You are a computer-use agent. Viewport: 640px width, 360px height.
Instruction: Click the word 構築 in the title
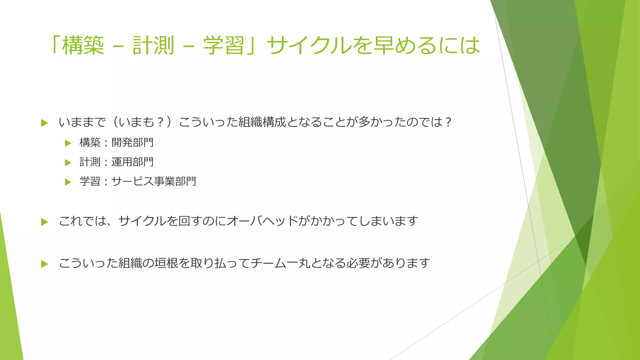pos(83,46)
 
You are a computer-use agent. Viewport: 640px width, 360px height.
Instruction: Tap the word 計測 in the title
pos(153,46)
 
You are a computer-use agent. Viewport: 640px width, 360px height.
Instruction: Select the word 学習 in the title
pos(223,46)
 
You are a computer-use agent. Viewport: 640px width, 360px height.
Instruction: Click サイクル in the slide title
pos(309,46)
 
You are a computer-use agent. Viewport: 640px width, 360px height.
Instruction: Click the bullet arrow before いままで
pos(44,123)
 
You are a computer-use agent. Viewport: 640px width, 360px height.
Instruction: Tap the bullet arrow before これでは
pos(44,222)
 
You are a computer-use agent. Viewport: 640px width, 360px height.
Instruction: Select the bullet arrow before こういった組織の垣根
pos(44,264)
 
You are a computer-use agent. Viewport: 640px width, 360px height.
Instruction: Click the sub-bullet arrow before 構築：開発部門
pos(68,143)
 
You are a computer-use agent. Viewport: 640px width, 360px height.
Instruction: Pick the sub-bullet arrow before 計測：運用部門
pos(68,162)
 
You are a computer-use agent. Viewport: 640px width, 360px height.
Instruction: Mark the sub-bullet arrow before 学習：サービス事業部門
pos(68,182)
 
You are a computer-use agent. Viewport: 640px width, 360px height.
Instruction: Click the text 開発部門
pos(132,143)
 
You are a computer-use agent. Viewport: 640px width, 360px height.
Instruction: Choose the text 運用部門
pos(132,162)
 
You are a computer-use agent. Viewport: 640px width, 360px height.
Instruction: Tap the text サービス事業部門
pos(154,182)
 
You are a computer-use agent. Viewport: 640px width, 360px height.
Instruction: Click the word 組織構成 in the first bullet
pos(262,122)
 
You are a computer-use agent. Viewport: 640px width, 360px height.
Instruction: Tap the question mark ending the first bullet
pos(448,122)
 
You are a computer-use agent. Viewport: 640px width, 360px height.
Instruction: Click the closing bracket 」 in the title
pos(252,46)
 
